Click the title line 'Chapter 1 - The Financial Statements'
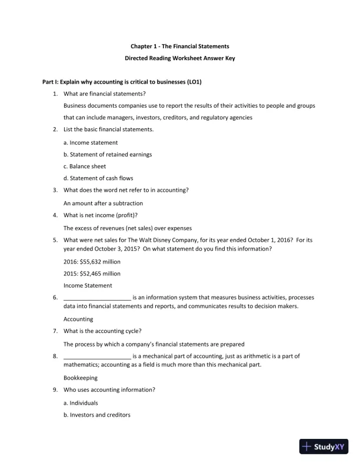tap(180, 45)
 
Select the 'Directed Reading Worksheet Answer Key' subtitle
tap(180, 58)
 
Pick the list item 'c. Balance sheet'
tap(85, 166)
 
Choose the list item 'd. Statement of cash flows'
tap(98, 178)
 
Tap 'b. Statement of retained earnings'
tap(108, 154)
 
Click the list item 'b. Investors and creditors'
tap(97, 415)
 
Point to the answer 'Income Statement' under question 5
tap(88, 285)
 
